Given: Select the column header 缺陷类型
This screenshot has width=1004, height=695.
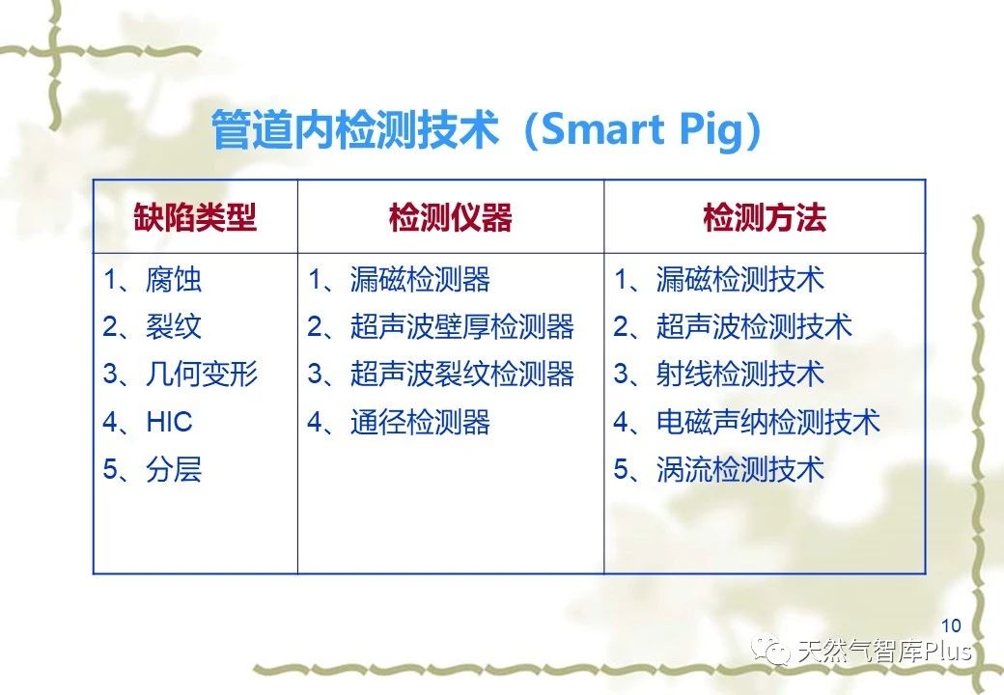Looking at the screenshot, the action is pos(195,217).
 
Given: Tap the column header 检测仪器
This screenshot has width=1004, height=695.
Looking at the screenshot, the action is pos(451,217).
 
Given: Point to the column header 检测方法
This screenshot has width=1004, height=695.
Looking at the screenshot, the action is pos(765,217).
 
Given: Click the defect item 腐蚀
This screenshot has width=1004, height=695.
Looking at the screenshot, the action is pos(174,280).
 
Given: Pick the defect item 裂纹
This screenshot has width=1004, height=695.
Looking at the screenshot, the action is pos(174,326).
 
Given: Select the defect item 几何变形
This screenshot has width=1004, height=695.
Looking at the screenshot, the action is pos(202,374).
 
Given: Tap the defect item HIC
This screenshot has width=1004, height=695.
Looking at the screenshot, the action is pos(169,422).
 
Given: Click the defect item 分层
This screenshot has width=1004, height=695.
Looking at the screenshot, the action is pos(174,469).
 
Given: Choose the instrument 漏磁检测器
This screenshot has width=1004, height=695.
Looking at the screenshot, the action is pos(420,280).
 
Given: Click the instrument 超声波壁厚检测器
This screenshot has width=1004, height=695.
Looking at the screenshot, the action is pos(462,326).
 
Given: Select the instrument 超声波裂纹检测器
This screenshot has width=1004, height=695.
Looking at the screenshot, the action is pos(462,374).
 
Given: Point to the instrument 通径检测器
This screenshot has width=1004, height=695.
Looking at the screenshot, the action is pos(420,422).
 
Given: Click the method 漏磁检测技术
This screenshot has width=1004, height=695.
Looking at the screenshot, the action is pos(740,280).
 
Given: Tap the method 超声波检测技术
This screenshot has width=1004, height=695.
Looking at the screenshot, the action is pos(754,326).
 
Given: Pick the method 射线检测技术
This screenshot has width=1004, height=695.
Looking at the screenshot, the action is pos(740,374).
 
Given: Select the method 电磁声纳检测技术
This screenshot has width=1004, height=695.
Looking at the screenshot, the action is pos(768,422).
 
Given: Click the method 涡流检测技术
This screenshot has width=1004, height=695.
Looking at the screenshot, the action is pos(740,469).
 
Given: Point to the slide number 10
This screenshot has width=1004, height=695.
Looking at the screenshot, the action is pos(951,625).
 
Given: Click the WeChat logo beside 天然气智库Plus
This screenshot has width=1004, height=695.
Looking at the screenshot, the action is pos(771,651).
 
